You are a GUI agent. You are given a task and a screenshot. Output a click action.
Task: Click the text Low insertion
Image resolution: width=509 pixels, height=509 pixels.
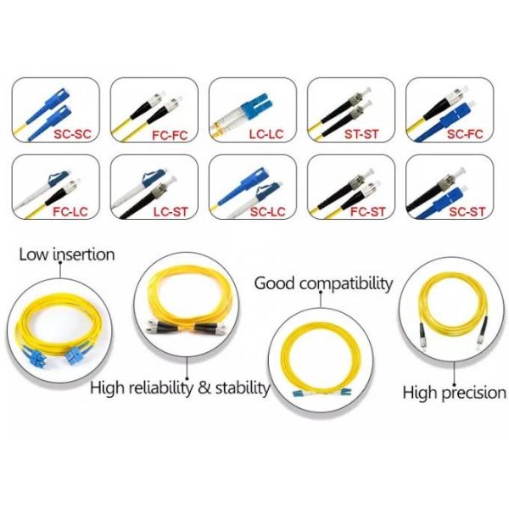[x=67, y=254]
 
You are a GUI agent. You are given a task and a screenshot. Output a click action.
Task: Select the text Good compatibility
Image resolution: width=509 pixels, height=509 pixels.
[x=324, y=282]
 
